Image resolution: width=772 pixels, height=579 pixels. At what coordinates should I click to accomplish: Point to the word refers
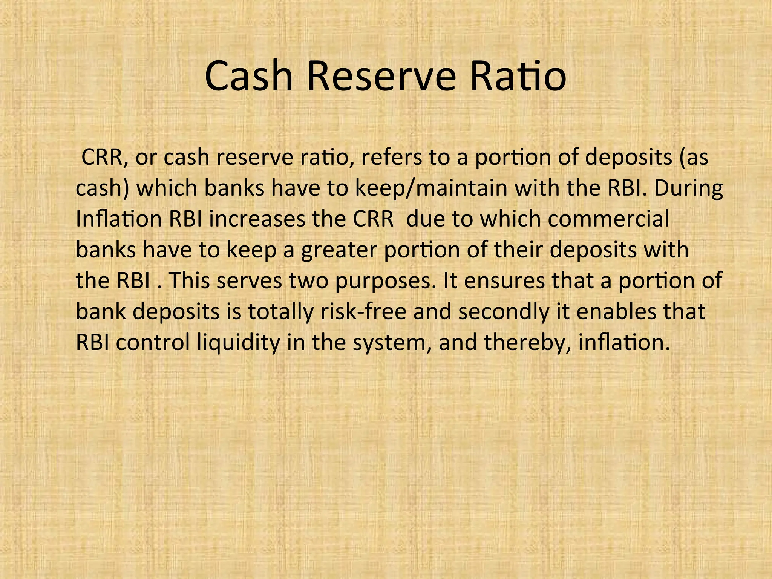[392, 157]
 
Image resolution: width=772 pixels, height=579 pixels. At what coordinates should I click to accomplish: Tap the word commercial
[608, 219]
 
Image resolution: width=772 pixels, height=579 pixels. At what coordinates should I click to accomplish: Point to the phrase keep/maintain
[431, 189]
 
